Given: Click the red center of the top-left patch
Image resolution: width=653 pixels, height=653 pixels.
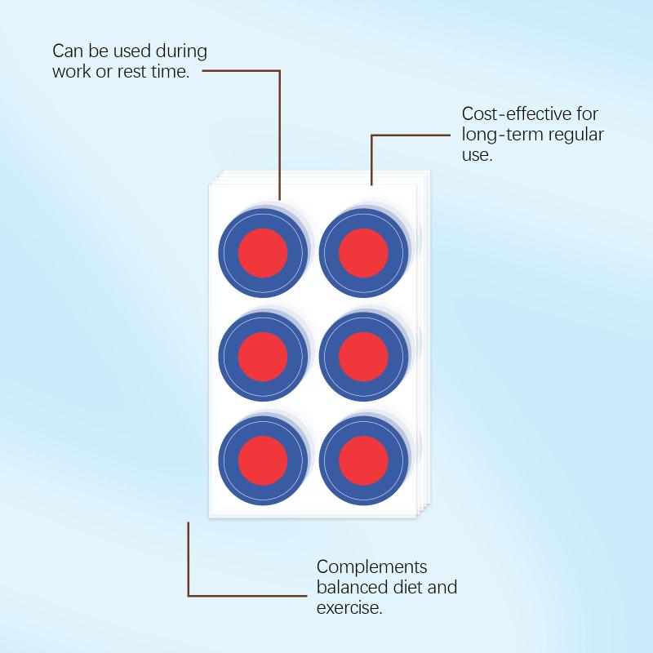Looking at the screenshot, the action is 263,253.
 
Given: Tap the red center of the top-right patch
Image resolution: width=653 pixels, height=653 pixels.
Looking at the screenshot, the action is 363,253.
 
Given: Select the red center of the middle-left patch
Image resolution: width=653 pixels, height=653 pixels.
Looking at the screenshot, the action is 263,357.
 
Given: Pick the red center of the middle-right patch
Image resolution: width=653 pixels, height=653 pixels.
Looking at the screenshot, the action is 363,357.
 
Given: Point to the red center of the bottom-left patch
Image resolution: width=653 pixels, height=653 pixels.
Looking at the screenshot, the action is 263,460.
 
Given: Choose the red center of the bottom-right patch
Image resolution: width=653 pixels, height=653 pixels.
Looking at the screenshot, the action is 363,460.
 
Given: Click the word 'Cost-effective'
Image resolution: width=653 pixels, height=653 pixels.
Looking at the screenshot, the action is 517,113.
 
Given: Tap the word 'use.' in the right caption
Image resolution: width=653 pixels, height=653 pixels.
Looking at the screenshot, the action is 478,156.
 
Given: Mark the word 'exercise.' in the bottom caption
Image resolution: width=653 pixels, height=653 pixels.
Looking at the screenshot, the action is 349,608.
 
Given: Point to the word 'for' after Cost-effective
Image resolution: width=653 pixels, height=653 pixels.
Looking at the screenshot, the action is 588,113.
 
